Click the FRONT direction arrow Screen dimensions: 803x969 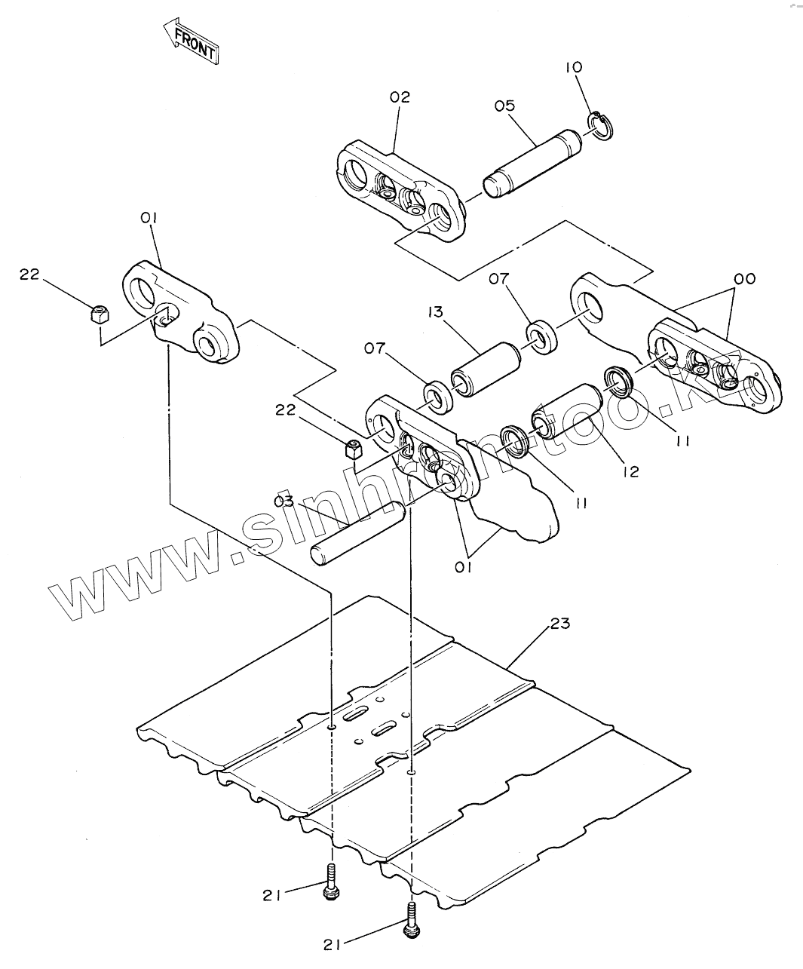click(191, 41)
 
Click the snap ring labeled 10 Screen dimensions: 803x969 click(602, 126)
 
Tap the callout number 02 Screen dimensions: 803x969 click(400, 97)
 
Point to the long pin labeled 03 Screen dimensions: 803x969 click(358, 535)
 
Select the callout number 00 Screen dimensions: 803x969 click(745, 278)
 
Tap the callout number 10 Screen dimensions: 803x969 click(574, 67)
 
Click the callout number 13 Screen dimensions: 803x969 click(436, 312)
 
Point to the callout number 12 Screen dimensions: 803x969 click(631, 471)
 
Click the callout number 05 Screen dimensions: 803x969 click(504, 106)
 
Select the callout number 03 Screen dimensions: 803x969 click(284, 501)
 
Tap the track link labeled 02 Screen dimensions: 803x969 click(400, 191)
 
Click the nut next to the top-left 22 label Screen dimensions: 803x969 click(99, 315)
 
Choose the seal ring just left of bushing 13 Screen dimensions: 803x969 click(438, 397)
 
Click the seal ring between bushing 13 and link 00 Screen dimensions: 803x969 click(541, 336)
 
